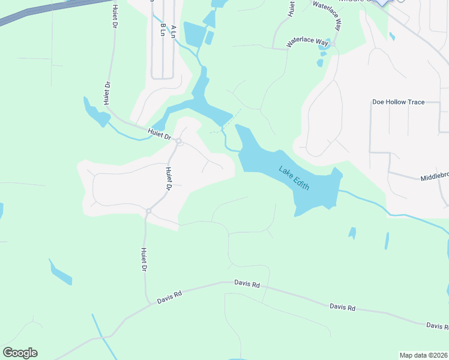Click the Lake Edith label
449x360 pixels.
tap(294, 178)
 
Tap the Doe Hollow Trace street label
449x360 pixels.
tap(398, 102)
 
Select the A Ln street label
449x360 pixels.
tap(173, 32)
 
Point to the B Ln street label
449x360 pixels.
tap(163, 30)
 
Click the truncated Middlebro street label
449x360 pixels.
tap(434, 177)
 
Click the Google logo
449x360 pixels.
tap(20, 353)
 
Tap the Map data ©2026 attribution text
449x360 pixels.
tap(423, 355)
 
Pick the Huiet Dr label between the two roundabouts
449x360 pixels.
tap(169, 178)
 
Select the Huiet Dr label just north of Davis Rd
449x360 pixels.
tap(144, 259)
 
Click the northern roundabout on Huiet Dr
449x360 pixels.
tap(179, 142)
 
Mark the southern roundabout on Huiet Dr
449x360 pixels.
tap(148, 211)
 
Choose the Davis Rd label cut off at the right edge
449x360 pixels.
tap(437, 326)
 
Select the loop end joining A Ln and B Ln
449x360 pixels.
tap(163, 77)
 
